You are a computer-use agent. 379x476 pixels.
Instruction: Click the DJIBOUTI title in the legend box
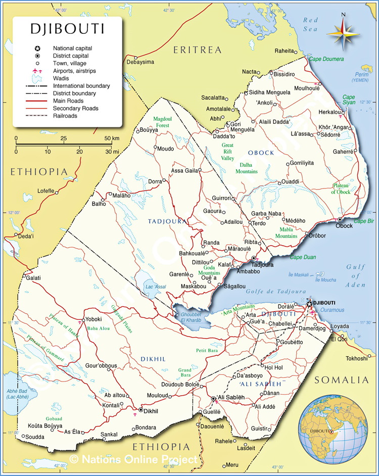tap(67, 29)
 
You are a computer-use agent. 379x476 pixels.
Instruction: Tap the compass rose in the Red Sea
tap(343, 33)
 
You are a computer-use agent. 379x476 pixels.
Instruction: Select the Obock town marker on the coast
tap(341, 219)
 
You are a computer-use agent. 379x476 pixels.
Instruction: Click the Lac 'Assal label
tap(156, 287)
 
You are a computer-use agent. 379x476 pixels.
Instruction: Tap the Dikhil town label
tap(151, 411)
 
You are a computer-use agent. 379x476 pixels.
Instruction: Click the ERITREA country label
tap(198, 50)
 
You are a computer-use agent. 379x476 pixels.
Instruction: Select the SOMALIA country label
tap(342, 379)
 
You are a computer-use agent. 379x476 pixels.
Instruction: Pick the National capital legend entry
tap(73, 48)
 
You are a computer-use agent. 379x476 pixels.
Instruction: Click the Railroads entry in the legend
tap(65, 116)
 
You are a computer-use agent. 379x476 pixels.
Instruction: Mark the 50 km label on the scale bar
tap(112, 138)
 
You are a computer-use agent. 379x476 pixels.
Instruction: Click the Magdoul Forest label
tap(163, 122)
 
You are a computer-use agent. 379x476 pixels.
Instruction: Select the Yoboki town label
tap(94, 319)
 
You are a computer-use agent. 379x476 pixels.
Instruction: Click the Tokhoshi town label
tap(356, 358)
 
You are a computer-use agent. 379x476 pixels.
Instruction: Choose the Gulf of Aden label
tap(356, 276)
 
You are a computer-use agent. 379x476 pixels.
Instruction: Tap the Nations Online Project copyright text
tap(133, 459)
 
